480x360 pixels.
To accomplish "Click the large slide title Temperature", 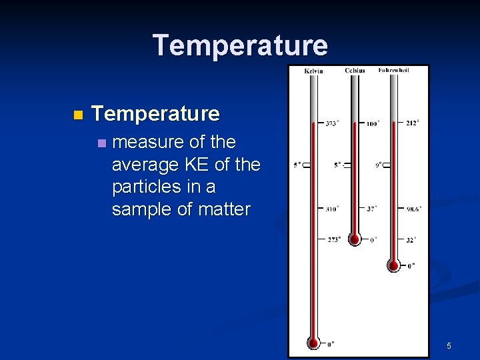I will pos(240,45).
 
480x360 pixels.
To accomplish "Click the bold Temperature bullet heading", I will pos(155,114).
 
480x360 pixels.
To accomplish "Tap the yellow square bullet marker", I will pos(78,115).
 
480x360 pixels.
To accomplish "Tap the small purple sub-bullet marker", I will pos(101,143).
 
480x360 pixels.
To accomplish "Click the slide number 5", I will pos(449,345).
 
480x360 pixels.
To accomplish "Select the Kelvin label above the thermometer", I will pos(313,71).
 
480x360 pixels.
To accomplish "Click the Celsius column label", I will pos(355,71).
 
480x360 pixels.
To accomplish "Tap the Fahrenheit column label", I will pos(393,70).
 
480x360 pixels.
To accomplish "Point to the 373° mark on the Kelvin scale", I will pos(332,123).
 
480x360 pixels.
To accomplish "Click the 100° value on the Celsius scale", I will pos(373,123).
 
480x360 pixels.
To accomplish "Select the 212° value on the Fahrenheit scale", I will pos(413,123).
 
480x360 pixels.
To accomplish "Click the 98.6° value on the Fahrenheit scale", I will pos(413,209).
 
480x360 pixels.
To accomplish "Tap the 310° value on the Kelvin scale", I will pos(332,209).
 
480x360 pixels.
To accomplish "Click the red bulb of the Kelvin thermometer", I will pos(313,343).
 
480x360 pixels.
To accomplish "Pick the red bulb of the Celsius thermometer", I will pos(355,239).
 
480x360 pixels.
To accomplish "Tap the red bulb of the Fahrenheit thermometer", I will pos(394,265).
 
